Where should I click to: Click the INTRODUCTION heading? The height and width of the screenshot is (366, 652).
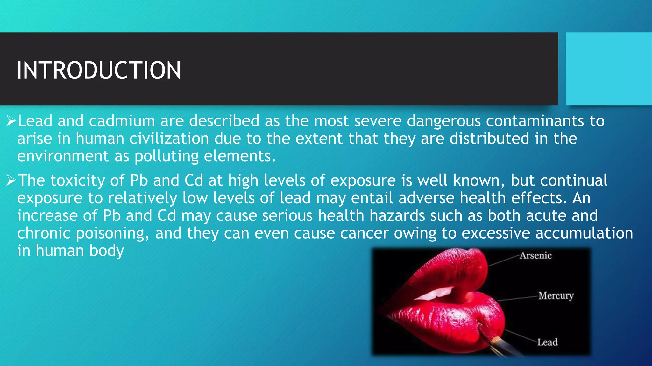click(99, 70)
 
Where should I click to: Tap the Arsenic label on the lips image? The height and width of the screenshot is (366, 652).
click(535, 255)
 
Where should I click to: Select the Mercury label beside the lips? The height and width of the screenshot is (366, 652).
click(556, 296)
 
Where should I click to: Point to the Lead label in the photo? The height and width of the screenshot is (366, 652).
click(547, 342)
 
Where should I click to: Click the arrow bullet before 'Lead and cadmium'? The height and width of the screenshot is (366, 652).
click(11, 121)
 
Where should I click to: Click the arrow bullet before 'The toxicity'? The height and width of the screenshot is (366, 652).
click(11, 180)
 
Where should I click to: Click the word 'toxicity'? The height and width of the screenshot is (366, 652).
click(77, 180)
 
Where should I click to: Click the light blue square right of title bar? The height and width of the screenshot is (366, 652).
click(608, 69)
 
